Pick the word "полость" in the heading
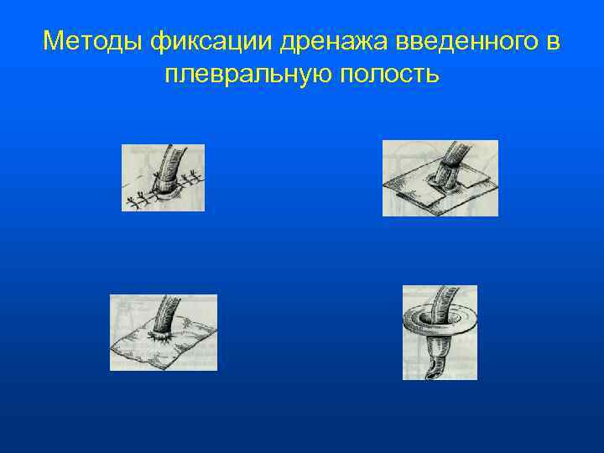pos(388,75)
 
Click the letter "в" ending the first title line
pos(554,40)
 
